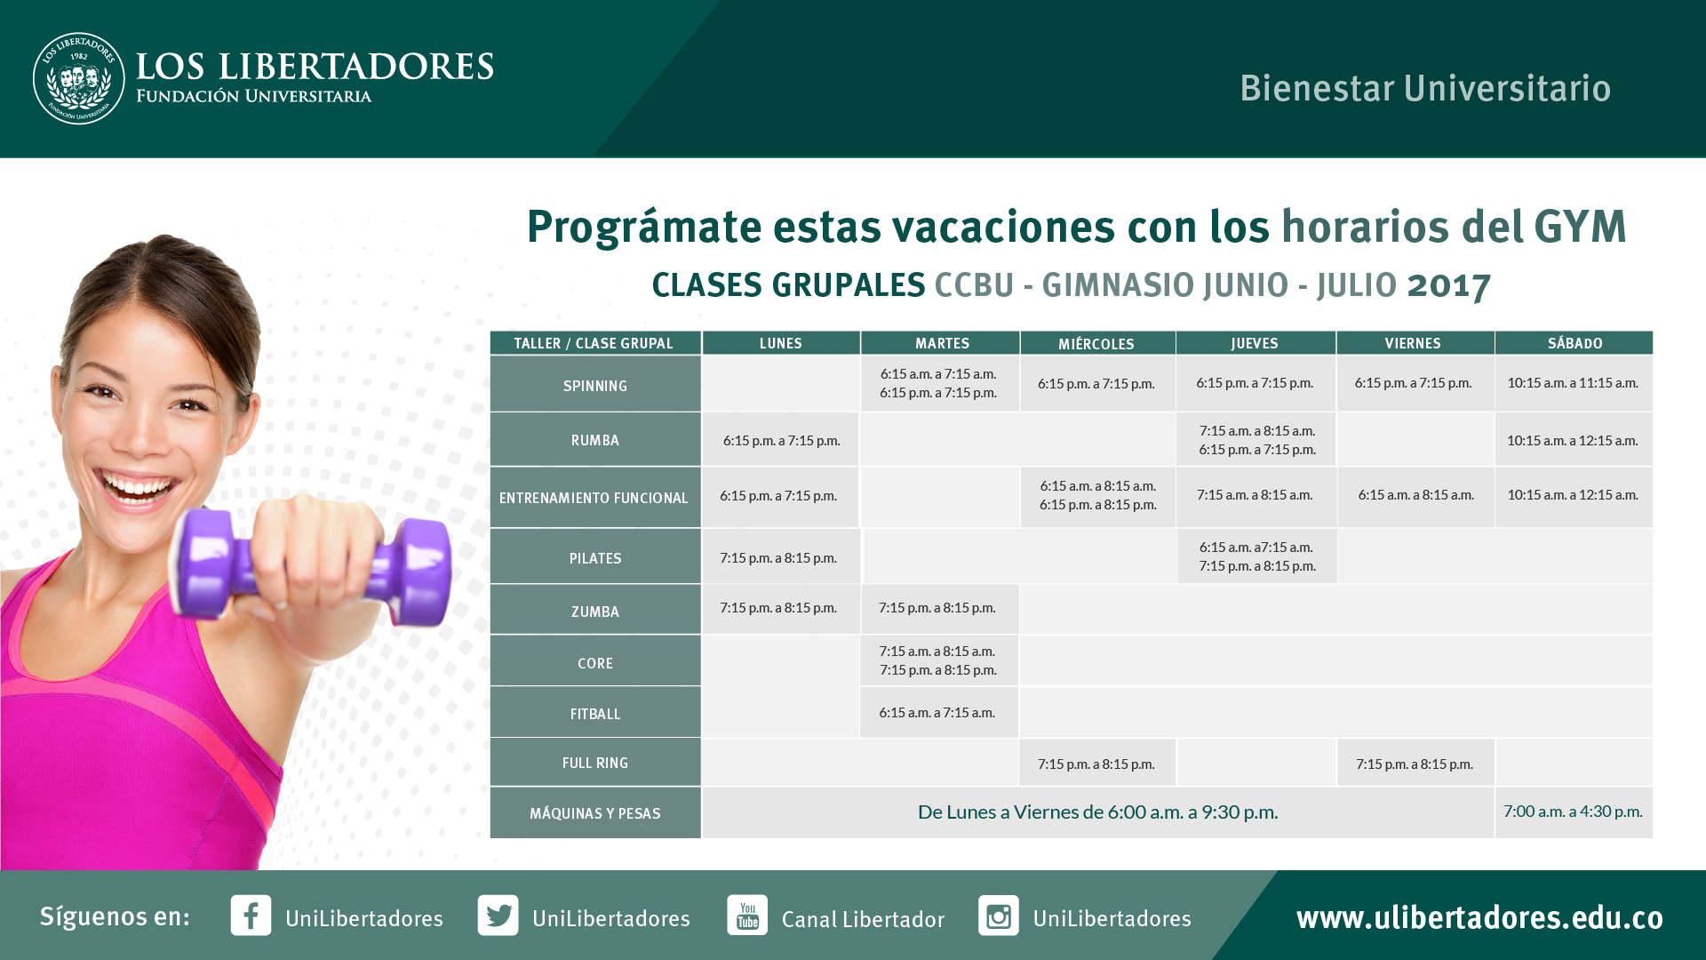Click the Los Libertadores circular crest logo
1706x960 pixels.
click(79, 78)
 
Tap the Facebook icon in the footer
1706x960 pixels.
click(251, 915)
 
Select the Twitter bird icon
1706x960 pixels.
click(498, 915)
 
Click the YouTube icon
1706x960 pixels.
click(747, 915)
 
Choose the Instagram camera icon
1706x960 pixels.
click(999, 915)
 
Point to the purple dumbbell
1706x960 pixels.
click(315, 567)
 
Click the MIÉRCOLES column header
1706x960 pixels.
click(1096, 344)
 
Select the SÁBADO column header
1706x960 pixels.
click(1574, 343)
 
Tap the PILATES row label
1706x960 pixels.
click(595, 557)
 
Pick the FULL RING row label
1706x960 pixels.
click(595, 763)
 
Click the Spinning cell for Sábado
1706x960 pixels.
click(1574, 383)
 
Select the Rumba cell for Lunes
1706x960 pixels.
click(781, 440)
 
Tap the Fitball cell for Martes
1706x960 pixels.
click(938, 712)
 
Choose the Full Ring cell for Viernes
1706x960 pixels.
click(1415, 764)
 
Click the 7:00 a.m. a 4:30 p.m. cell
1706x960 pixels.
click(1574, 812)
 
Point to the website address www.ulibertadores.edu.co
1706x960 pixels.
click(1479, 917)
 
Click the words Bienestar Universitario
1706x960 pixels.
click(1425, 88)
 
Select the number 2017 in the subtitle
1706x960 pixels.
click(1449, 285)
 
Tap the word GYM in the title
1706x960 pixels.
click(1580, 226)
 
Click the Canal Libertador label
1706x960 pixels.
click(863, 919)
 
